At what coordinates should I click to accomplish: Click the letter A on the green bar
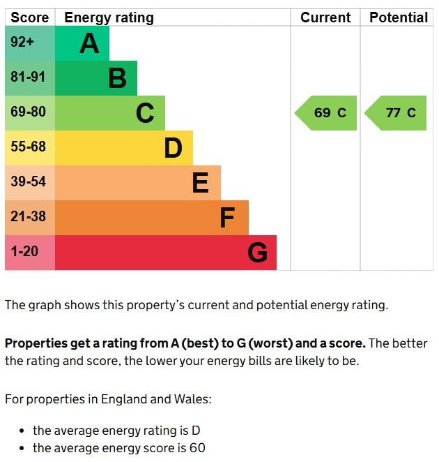tap(89, 44)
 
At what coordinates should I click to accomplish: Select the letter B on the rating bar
tap(117, 79)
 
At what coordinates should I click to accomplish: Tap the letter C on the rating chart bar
tap(145, 113)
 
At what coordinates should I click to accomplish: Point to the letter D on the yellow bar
tap(173, 148)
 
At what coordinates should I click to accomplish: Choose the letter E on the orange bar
tap(200, 183)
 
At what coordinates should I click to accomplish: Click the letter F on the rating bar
tap(227, 218)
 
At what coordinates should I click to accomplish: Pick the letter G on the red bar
tap(257, 253)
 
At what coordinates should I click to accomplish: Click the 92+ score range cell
tap(22, 43)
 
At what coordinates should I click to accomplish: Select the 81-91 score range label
tap(29, 77)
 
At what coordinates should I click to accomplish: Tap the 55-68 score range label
tap(29, 147)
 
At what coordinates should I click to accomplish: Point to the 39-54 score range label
tap(29, 182)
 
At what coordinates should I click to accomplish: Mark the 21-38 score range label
tap(29, 217)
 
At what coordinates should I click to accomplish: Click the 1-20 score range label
tap(25, 251)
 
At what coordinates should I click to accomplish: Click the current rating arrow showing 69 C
tap(326, 113)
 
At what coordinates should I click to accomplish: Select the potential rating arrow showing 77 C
tap(396, 113)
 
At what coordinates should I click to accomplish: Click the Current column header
tap(325, 17)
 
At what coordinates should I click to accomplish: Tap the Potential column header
tap(399, 17)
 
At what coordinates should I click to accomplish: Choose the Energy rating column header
tap(109, 17)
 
